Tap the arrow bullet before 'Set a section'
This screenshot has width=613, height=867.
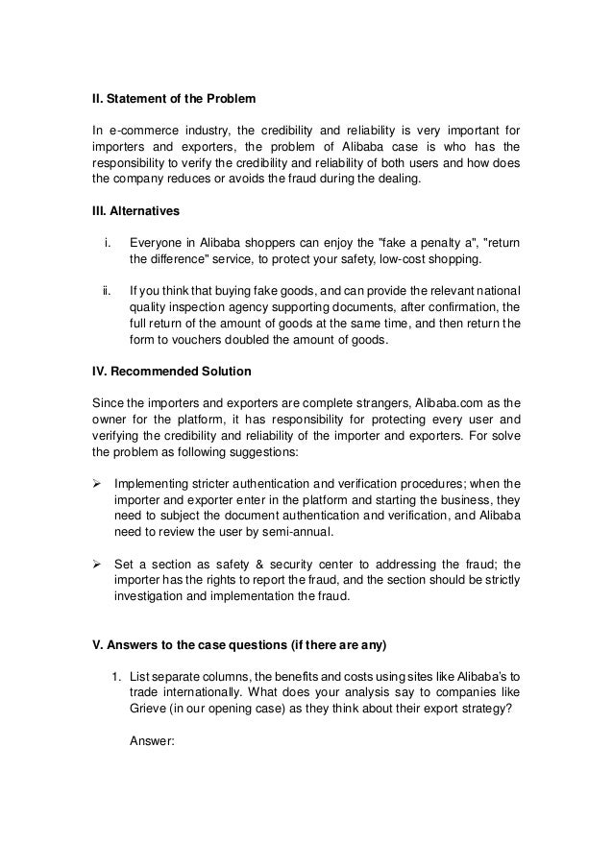pyautogui.click(x=97, y=563)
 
